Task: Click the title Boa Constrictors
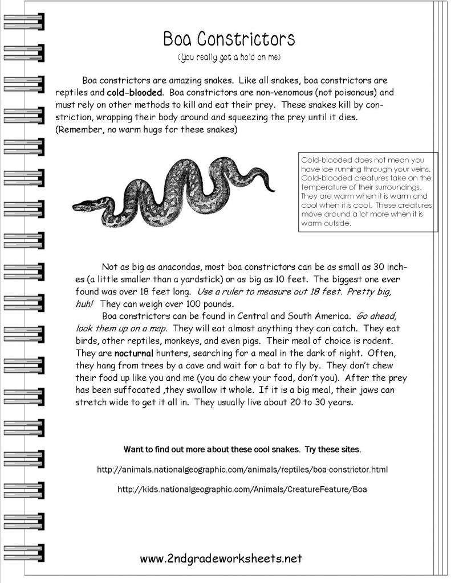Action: [x=229, y=39]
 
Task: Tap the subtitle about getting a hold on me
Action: [x=229, y=58]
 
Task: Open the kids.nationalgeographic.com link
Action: [x=242, y=490]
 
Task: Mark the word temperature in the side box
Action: [x=324, y=187]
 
